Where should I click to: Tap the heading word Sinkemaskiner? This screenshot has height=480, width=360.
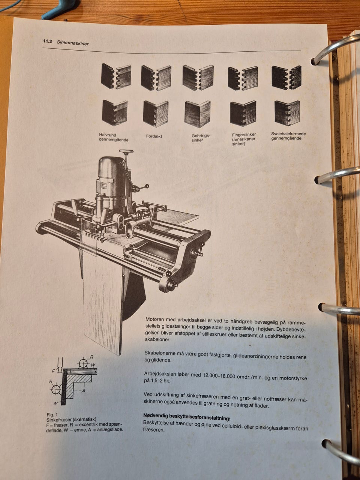click(x=73, y=43)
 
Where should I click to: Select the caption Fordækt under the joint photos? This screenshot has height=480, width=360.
click(x=154, y=136)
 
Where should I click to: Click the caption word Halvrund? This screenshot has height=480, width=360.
click(x=108, y=135)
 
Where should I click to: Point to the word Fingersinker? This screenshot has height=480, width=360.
click(x=244, y=135)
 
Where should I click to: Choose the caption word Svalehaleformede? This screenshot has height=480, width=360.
click(x=288, y=133)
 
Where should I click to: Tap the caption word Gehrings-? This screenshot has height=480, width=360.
click(x=201, y=136)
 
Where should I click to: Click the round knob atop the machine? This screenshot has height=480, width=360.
click(x=126, y=151)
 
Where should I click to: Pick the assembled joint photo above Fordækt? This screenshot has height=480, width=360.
click(x=156, y=114)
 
